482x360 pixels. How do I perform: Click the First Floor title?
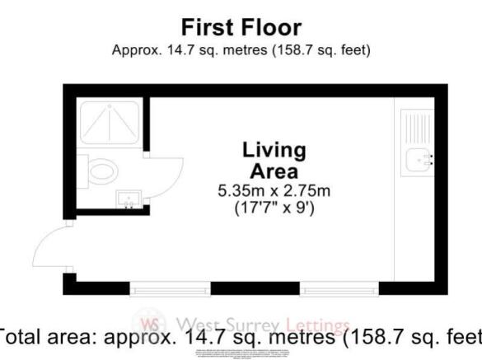[241, 27]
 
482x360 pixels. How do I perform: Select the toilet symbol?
[103, 171]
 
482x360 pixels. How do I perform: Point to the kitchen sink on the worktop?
[417, 161]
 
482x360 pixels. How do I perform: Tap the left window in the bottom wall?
[171, 288]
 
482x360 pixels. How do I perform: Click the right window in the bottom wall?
[339, 288]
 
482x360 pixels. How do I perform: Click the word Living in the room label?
[274, 151]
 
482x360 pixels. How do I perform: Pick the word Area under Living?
[274, 171]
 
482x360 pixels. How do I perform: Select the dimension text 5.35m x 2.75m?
[274, 192]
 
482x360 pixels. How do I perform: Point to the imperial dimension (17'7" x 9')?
[274, 208]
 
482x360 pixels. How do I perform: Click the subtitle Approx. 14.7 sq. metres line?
[241, 49]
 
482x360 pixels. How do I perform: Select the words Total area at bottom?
[49, 339]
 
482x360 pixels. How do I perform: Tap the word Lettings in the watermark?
[317, 326]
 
